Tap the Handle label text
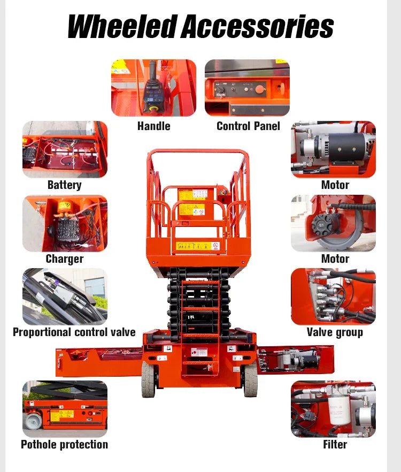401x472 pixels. coord(153,126)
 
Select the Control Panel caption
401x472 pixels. coord(248,126)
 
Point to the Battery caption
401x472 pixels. coord(64,185)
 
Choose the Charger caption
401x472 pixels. coord(64,259)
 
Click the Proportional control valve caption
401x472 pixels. coord(74,332)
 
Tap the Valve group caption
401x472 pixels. coord(335,332)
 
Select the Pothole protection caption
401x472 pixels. coord(64,445)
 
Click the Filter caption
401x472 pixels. coord(335,445)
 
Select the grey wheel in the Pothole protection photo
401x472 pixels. coord(34,421)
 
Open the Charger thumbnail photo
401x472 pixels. coord(65,223)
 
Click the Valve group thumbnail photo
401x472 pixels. coord(333,296)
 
